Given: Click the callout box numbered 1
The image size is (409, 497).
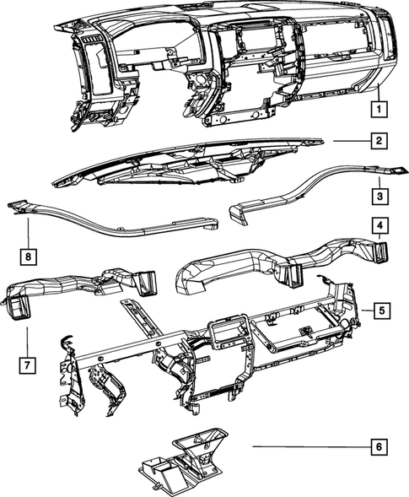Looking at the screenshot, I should (381, 109).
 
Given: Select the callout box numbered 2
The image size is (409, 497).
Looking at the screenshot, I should (381, 141).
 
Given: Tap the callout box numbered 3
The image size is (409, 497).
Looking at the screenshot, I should (381, 196).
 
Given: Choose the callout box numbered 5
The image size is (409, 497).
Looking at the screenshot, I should (381, 311).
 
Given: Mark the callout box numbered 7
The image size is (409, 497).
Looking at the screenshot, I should (27, 365).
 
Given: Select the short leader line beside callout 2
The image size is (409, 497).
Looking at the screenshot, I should (349, 141).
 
